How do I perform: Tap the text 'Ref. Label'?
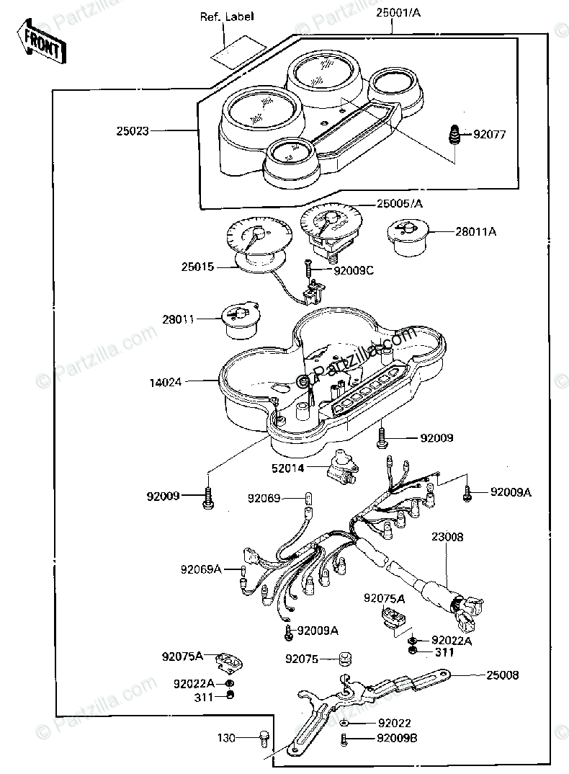coord(227,16)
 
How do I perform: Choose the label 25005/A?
coord(400,204)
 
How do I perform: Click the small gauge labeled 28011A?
coord(406,236)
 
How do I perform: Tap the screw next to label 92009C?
coord(308,272)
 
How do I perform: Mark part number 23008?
coord(448,536)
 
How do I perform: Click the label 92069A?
coord(200,569)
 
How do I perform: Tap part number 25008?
coord(502,675)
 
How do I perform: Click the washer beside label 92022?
coord(346,722)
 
